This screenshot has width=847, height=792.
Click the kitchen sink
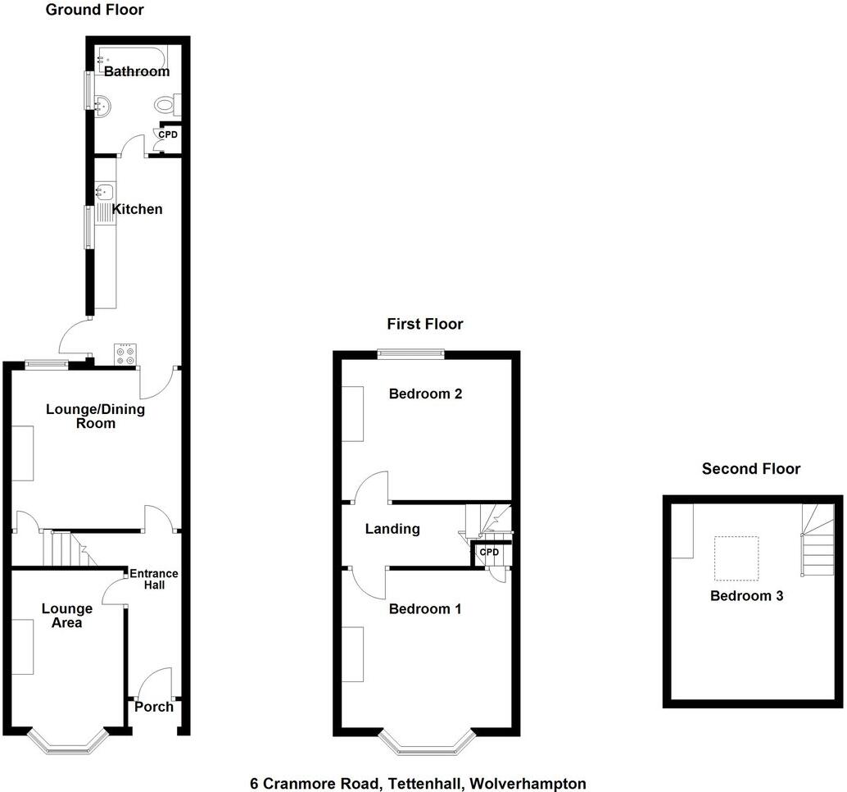[x=103, y=193]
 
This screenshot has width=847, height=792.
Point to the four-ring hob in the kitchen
[x=127, y=353]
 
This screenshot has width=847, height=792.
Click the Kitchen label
[x=138, y=210]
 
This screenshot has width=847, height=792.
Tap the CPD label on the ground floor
[x=167, y=134]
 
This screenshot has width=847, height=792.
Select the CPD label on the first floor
[x=489, y=552]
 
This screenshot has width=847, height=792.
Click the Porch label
[x=154, y=707]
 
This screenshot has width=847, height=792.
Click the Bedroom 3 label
[x=746, y=596]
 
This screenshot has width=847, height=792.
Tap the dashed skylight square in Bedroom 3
[x=735, y=558]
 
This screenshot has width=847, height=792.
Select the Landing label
[x=392, y=530]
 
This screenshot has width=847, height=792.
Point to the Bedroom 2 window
[x=410, y=354]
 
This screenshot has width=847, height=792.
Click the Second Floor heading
[x=751, y=469]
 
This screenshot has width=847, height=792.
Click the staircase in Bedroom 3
[x=818, y=541]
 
